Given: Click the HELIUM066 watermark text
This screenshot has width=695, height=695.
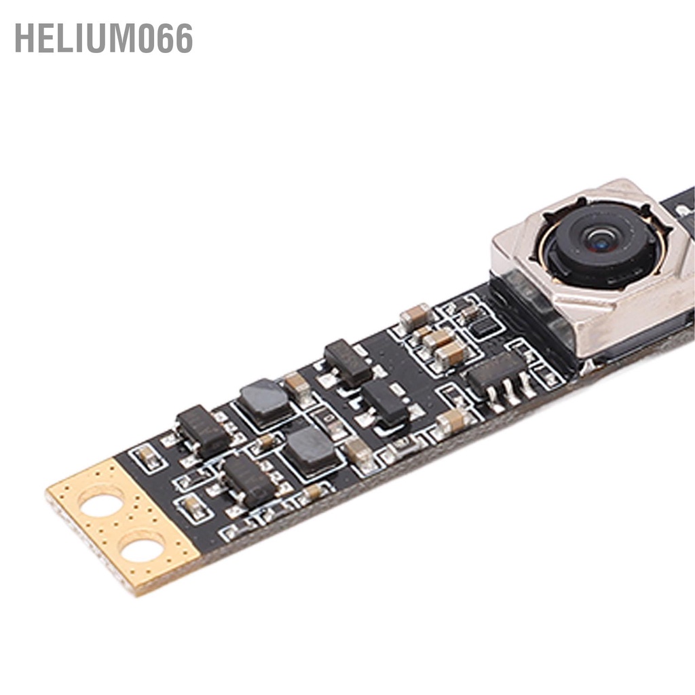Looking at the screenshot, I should pos(103,38).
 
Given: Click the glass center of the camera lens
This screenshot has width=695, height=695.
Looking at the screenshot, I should pos(600,239).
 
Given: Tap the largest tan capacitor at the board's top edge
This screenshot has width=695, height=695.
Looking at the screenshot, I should pos(415,316).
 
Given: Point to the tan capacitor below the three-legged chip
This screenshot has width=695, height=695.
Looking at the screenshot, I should pos(453,421).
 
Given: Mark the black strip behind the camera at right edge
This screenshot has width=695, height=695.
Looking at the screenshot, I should pos(679,204).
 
